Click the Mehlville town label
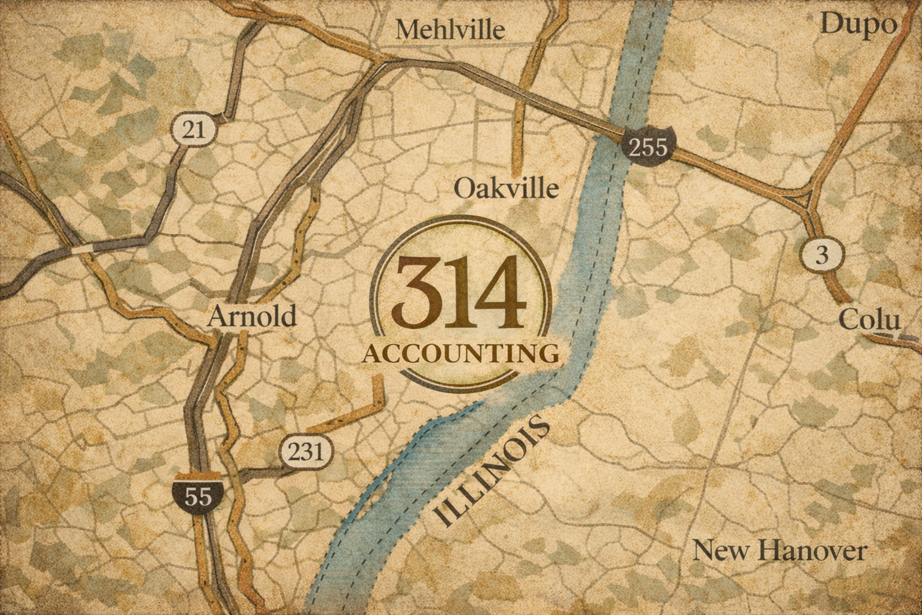450,30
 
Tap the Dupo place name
858,25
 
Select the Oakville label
506,188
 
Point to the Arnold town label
252,316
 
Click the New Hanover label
779,550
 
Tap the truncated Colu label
869,320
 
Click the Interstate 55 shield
198,494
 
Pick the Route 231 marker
305,452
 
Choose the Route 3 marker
822,254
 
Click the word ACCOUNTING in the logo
461,354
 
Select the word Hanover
812,550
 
